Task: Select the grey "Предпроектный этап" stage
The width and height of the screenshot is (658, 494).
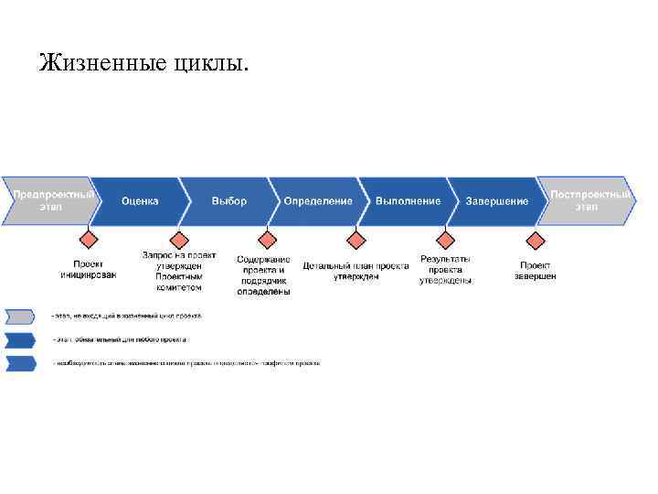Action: coord(50,200)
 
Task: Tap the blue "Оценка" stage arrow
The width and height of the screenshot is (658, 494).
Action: coord(141,200)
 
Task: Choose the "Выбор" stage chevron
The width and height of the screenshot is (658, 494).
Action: coord(228,200)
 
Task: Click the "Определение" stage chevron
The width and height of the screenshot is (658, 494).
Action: coord(317,200)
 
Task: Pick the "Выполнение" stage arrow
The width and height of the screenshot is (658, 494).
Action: coord(408,200)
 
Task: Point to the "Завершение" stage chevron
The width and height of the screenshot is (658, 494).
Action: coord(496,200)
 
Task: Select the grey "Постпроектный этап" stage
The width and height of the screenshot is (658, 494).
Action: coord(587,200)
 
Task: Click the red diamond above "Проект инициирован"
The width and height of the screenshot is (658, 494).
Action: coord(88,240)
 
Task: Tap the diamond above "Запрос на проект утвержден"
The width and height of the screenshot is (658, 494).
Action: coord(177,240)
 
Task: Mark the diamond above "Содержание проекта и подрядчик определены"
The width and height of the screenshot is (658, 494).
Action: coord(267,240)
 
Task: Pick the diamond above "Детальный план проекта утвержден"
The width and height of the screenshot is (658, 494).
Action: coord(356,240)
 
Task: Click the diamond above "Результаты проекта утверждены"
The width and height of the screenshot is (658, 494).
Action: coord(446,240)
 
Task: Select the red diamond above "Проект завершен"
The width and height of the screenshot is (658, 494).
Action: coord(536,240)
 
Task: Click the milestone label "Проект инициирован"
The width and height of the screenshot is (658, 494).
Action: coord(88,269)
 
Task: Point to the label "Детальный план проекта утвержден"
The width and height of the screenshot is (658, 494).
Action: coord(356,270)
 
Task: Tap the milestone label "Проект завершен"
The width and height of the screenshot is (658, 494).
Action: coord(535,270)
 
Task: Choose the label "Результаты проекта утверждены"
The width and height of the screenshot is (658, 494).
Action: coord(446,270)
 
